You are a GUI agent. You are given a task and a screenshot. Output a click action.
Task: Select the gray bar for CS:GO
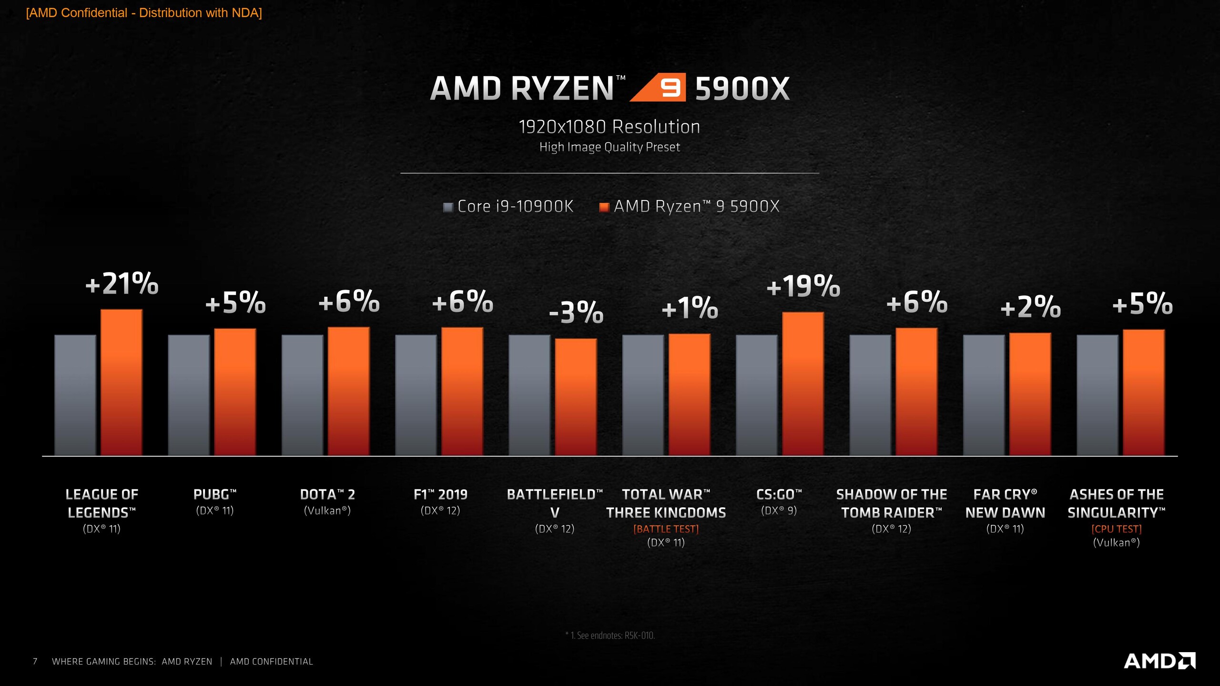coord(757,395)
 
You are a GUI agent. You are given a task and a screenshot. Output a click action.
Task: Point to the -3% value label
coord(576,313)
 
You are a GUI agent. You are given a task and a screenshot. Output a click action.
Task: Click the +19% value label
coord(803,286)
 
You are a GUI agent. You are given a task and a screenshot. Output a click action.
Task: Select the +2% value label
coord(1030,307)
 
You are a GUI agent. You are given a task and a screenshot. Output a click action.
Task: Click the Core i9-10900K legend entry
coord(508,207)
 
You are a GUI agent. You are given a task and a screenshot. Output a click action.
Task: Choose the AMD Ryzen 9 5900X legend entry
coord(690,207)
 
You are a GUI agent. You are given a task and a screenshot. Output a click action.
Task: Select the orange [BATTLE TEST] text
coord(666,529)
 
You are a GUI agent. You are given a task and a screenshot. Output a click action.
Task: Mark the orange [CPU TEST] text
coord(1117,529)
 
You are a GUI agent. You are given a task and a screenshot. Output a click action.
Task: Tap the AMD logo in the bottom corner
coord(1159,661)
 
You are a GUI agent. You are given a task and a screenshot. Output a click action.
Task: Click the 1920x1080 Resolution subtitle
coord(610,127)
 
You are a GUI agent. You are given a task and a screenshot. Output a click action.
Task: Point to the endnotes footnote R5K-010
coord(610,636)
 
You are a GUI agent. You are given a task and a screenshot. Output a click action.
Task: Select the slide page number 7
coord(35,661)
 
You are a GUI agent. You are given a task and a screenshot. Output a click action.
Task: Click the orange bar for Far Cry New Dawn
coord(1030,394)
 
